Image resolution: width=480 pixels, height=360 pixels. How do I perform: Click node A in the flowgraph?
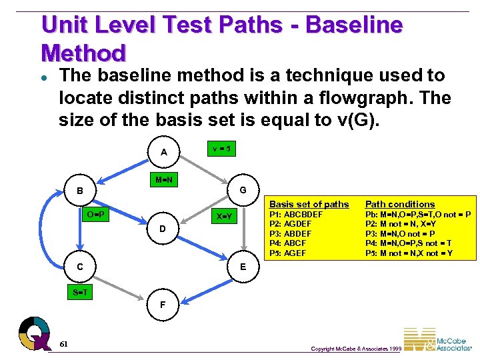(x=164, y=153)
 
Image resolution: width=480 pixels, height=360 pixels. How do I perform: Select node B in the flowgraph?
(x=79, y=191)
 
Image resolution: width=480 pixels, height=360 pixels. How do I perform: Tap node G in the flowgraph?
(x=243, y=190)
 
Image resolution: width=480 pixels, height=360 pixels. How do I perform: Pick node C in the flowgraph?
(x=79, y=267)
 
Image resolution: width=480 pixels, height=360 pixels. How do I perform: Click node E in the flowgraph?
(x=243, y=266)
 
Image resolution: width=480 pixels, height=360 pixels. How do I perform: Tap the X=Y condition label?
(x=224, y=217)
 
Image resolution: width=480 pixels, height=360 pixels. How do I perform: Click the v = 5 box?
(x=221, y=148)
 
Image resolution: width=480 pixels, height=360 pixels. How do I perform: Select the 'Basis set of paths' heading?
(x=309, y=204)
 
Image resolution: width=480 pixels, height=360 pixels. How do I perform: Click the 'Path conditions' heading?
(x=400, y=204)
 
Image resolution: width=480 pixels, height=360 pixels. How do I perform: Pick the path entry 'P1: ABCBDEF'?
(x=296, y=215)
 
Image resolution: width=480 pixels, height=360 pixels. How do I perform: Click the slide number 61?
(x=63, y=343)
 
